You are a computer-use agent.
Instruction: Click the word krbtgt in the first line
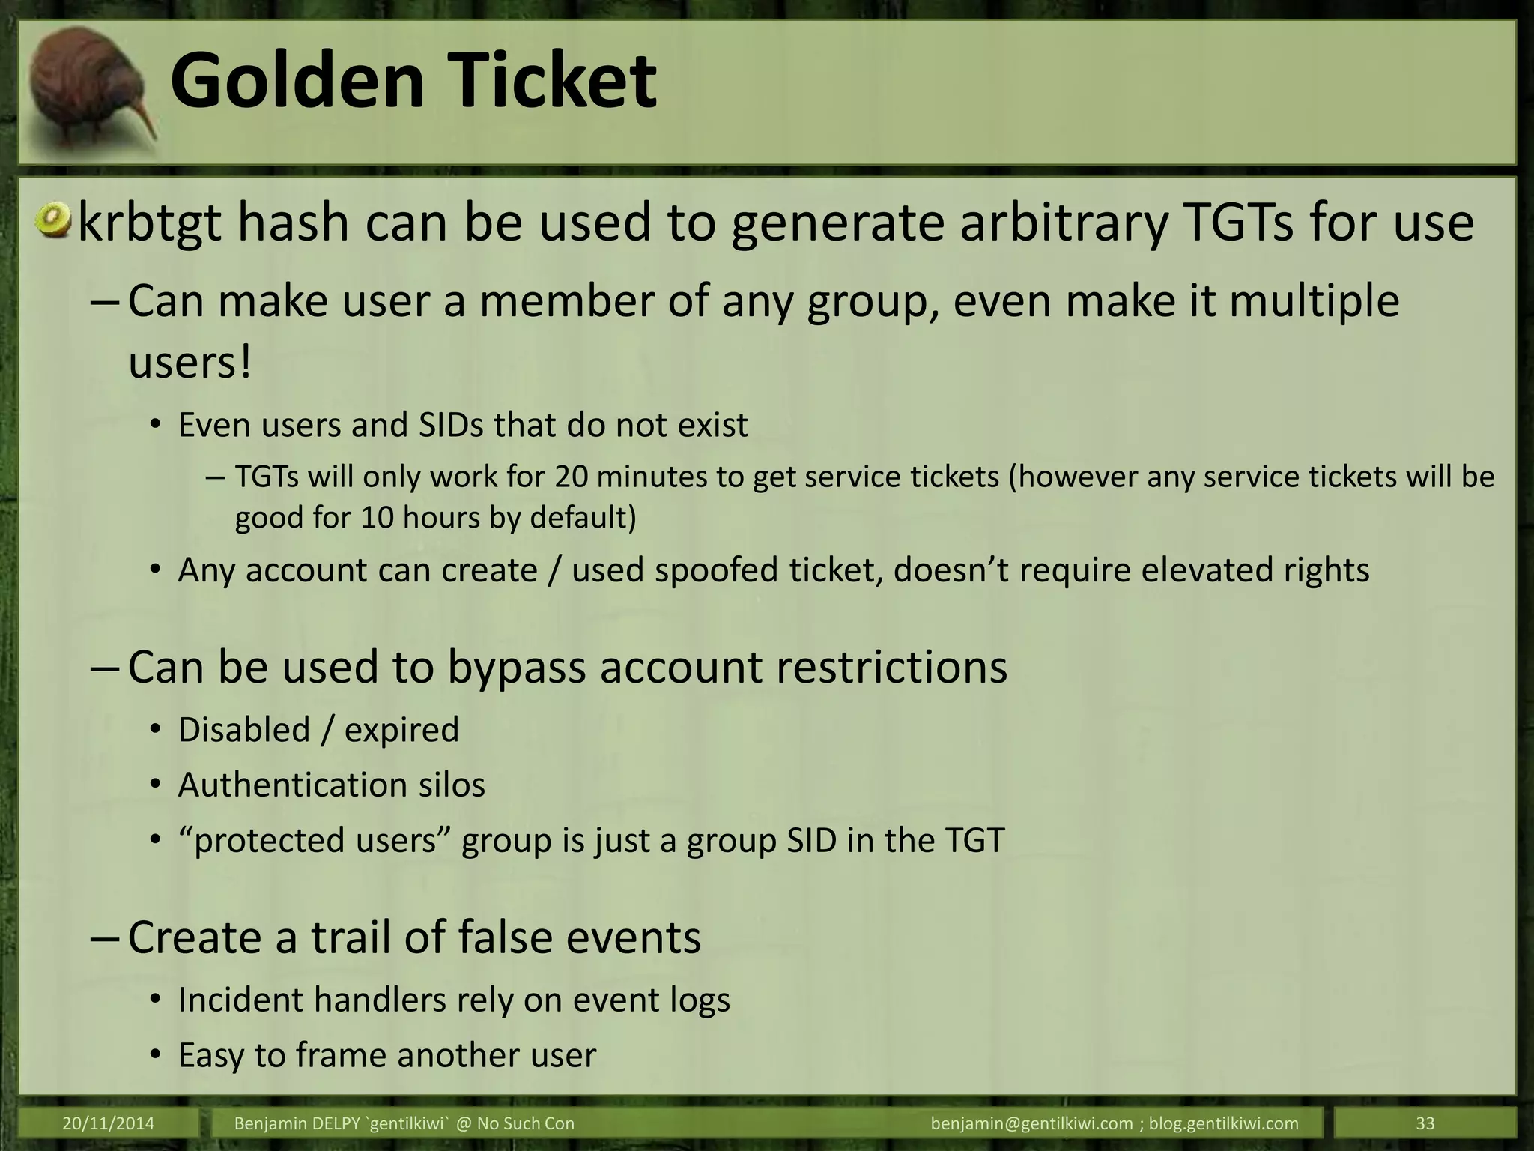click(151, 223)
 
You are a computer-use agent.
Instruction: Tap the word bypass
click(516, 667)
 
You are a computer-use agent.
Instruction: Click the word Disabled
click(244, 730)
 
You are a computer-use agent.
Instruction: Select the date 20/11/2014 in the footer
click(109, 1123)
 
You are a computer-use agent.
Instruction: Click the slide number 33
click(1425, 1123)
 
